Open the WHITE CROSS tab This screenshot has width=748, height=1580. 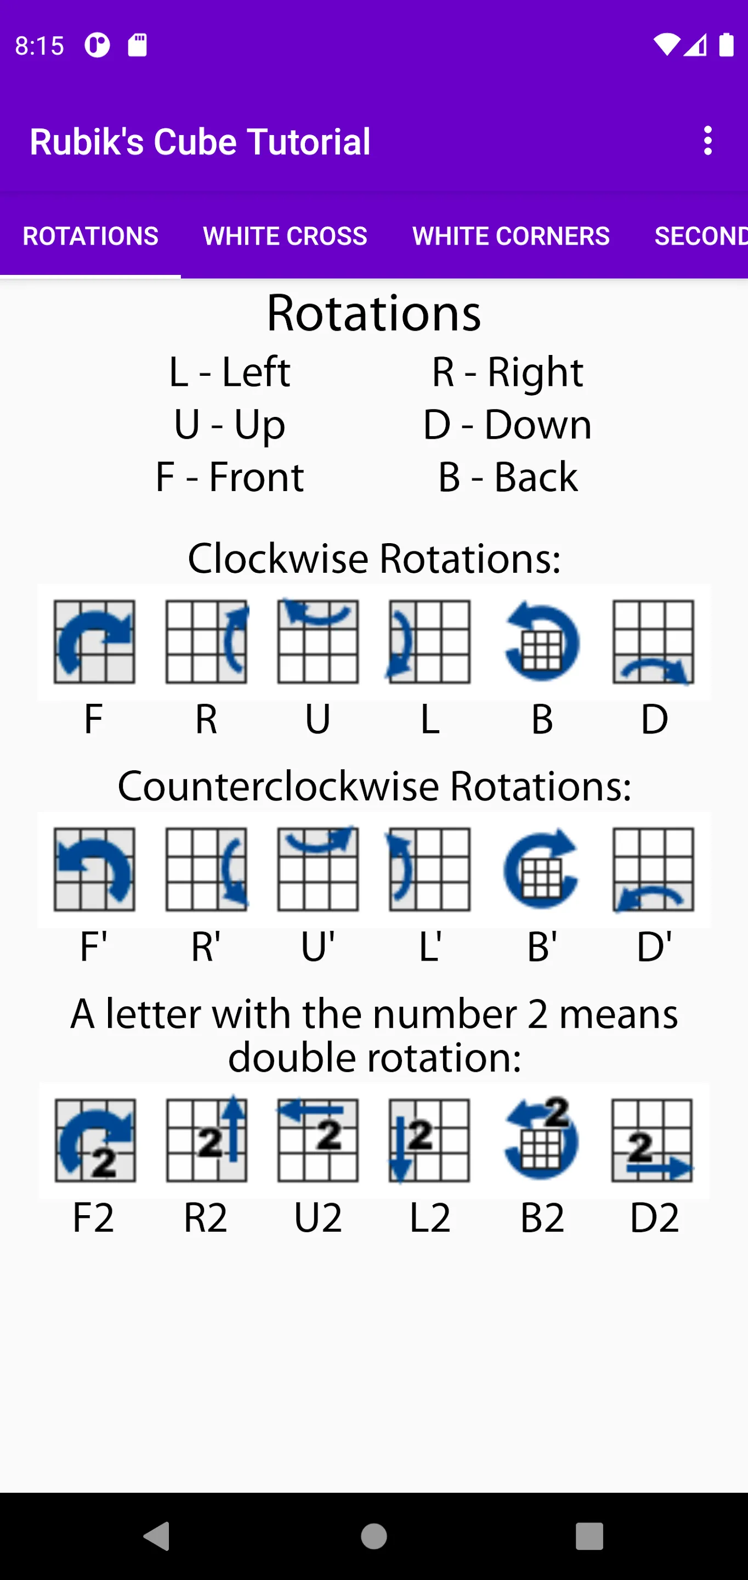click(x=285, y=236)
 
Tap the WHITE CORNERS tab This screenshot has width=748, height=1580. click(x=511, y=236)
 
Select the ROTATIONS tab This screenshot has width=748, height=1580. click(x=90, y=236)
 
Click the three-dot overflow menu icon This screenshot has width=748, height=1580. click(x=708, y=141)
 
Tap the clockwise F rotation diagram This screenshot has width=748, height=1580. click(x=94, y=641)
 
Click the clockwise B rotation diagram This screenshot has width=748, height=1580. click(x=542, y=641)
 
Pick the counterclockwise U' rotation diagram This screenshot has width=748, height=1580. click(x=318, y=868)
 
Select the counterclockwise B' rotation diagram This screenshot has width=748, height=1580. click(x=541, y=868)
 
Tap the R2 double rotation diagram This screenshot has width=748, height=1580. click(x=207, y=1139)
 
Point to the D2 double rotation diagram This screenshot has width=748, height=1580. click(x=653, y=1139)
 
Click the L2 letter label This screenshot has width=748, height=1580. click(x=430, y=1218)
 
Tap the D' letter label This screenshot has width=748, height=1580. click(x=654, y=947)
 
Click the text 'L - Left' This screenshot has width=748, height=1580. click(x=229, y=372)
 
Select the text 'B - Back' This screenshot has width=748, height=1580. click(x=508, y=477)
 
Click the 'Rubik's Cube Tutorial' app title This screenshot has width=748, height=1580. click(x=200, y=142)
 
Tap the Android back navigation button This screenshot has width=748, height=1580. click(x=156, y=1537)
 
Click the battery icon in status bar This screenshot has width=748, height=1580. click(x=727, y=45)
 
